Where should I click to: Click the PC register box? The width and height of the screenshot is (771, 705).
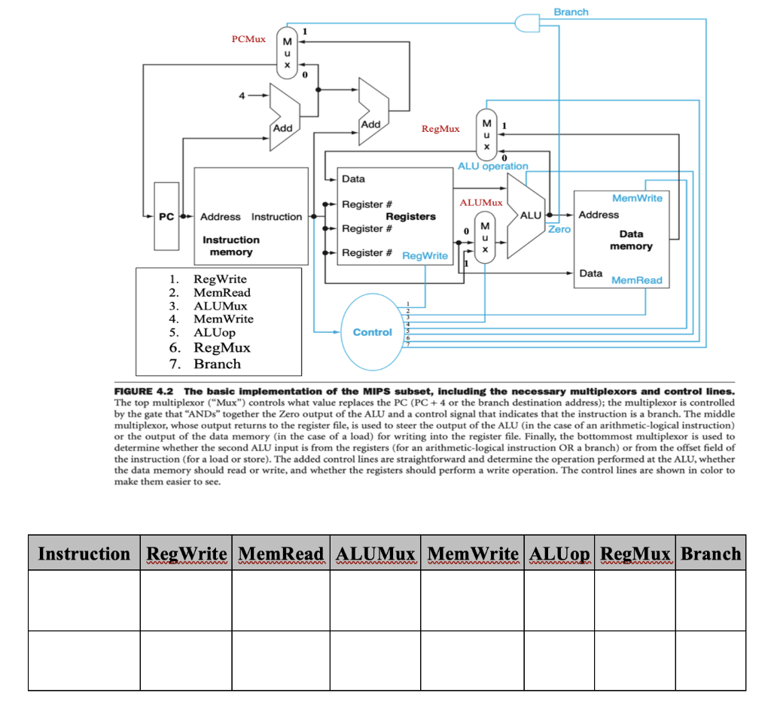(x=166, y=216)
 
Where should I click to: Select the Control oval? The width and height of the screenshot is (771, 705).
(x=372, y=332)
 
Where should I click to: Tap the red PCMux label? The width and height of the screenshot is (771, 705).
(x=248, y=38)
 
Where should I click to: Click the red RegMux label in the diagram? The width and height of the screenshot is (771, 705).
(x=440, y=130)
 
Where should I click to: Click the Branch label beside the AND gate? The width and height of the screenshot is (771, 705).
(x=571, y=12)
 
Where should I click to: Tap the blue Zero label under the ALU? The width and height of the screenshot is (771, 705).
(x=559, y=229)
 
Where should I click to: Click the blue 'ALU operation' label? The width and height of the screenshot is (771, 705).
(x=492, y=166)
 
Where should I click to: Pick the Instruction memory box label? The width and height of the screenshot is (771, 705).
(x=230, y=246)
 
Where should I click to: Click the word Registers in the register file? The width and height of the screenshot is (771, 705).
(x=410, y=216)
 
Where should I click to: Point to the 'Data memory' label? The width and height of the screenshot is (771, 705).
(x=631, y=240)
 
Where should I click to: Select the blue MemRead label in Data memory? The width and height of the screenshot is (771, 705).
(x=637, y=280)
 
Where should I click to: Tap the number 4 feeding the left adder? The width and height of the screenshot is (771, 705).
(x=243, y=96)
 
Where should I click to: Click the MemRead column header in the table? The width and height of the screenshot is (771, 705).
(x=280, y=554)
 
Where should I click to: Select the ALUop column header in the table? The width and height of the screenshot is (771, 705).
(x=559, y=554)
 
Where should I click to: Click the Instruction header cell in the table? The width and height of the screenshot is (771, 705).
(x=84, y=554)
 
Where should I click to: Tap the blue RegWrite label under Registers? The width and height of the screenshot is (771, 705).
(x=425, y=256)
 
